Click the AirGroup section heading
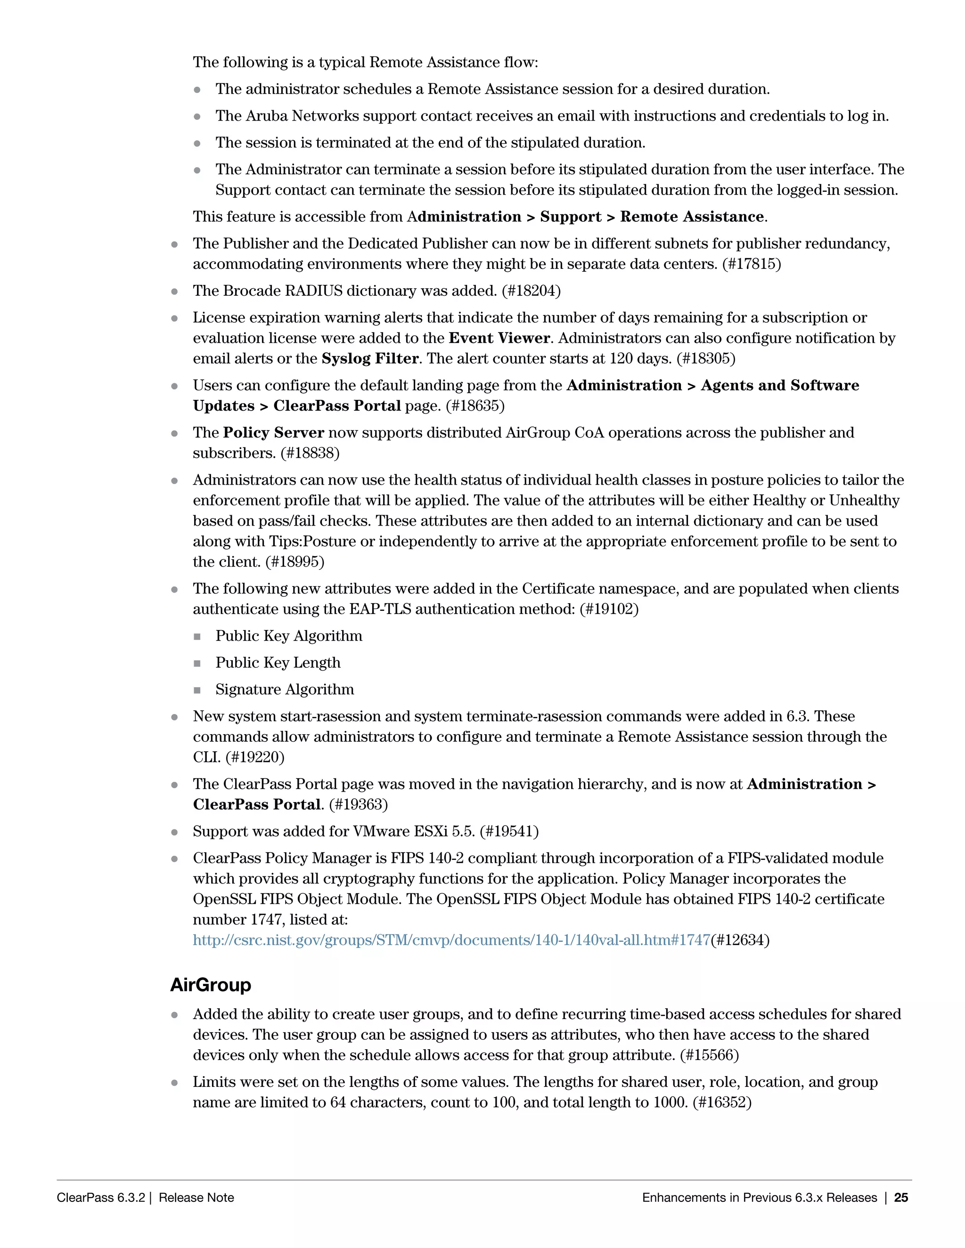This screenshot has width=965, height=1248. click(x=210, y=985)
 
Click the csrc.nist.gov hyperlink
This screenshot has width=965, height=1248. click(x=451, y=940)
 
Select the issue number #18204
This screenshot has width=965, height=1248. click(x=531, y=291)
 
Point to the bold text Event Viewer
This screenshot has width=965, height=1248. click(x=499, y=338)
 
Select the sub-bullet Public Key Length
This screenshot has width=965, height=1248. click(x=278, y=663)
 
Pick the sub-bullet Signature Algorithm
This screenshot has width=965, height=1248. click(x=285, y=690)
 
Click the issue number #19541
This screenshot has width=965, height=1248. click(x=509, y=831)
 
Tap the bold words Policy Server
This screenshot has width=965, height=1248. click(x=273, y=433)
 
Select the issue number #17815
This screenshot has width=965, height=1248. click(x=751, y=264)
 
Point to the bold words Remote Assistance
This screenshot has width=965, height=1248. click(x=692, y=217)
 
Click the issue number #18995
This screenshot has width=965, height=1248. click(x=295, y=562)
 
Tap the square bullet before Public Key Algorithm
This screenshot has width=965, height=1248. click(x=197, y=637)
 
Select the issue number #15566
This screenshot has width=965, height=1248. click(x=709, y=1055)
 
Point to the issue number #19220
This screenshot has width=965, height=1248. click(x=254, y=757)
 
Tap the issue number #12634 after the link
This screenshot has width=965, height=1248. click(x=740, y=940)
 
